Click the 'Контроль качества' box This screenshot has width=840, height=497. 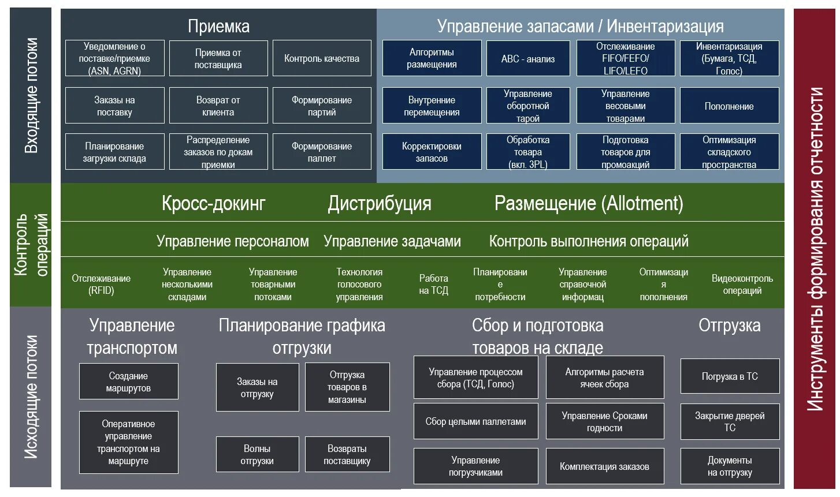322,58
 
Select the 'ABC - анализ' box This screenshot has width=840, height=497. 528,58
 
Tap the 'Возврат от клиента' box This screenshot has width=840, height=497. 218,106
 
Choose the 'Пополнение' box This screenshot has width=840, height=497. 729,106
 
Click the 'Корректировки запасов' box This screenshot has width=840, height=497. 432,152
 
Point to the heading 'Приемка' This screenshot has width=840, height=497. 218,27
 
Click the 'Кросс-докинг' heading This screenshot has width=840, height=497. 214,203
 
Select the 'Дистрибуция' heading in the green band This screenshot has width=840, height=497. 380,203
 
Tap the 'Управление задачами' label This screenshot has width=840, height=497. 392,241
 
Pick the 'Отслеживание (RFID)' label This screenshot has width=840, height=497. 101,285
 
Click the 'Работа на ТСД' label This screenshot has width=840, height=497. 433,285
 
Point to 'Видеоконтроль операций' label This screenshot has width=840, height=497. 742,285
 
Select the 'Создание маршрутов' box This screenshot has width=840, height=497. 128,382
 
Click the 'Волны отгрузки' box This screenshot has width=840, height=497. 257,455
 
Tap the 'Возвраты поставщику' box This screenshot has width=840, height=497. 347,455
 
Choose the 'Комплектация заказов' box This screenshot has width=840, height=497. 604,466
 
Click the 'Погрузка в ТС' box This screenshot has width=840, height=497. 730,376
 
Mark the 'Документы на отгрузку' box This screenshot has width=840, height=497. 730,466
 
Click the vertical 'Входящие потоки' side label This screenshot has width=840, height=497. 31,95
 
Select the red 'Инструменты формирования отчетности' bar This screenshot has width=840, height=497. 815,248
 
